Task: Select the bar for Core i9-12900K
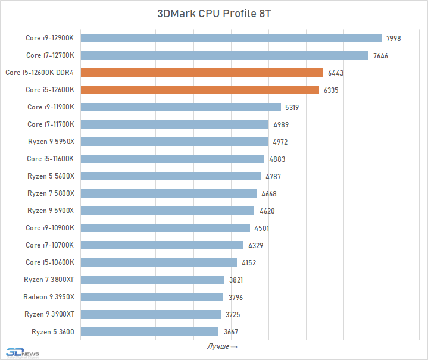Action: coord(231,38)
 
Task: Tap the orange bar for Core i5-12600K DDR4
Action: coord(202,73)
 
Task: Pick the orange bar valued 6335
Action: coord(200,90)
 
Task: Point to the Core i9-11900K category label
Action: coord(51,107)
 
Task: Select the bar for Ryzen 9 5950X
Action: coord(174,142)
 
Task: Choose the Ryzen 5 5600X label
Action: coord(51,176)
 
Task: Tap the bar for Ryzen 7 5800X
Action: coord(168,193)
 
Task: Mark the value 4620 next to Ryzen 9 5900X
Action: coord(267,211)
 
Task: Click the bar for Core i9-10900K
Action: coord(165,228)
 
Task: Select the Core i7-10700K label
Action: coord(50,245)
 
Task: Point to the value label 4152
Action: coord(249,262)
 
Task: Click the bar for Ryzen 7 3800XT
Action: coord(152,280)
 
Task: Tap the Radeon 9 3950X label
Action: coord(49,296)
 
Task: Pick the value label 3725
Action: coord(233,314)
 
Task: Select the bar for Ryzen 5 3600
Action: coord(149,331)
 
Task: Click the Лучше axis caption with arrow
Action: coord(222,346)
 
